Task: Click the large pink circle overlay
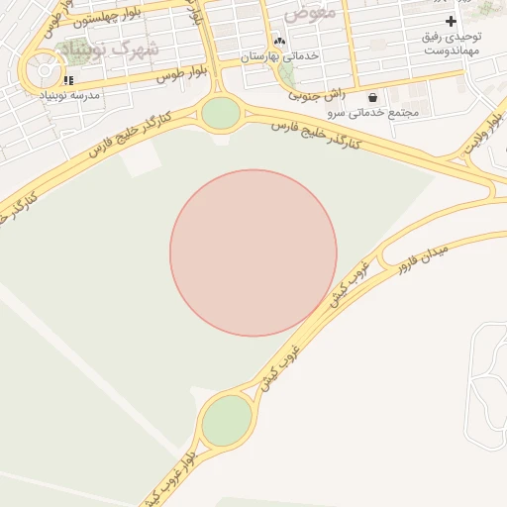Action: pos(253,253)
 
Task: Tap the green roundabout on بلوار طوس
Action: pos(220,113)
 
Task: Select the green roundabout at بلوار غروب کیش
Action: pos(227,421)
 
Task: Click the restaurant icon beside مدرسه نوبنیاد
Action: pos(67,80)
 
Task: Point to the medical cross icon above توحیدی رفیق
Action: pos(452,21)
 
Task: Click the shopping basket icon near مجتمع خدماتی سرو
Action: pos(372,97)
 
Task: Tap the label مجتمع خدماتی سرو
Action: pos(377,113)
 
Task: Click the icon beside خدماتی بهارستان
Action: pos(279,42)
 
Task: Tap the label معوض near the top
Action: pos(311,14)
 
